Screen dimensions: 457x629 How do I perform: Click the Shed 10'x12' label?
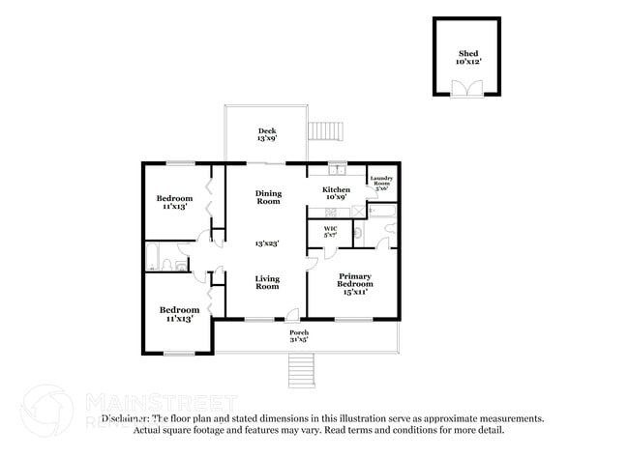click(466, 58)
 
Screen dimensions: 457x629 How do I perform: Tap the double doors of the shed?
click(466, 89)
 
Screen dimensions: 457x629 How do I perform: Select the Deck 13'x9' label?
click(267, 135)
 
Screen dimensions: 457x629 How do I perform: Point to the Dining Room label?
click(268, 197)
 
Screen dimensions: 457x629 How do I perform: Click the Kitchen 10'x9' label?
click(336, 193)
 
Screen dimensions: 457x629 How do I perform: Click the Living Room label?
click(267, 282)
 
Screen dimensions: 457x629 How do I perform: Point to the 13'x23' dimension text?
click(267, 243)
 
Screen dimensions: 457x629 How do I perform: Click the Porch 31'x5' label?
click(299, 335)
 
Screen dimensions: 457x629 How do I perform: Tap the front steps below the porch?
click(303, 368)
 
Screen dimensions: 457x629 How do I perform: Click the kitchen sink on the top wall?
click(336, 166)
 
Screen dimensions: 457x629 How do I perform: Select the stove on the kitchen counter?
click(331, 210)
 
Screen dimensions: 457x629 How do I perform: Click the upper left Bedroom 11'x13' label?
click(175, 202)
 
